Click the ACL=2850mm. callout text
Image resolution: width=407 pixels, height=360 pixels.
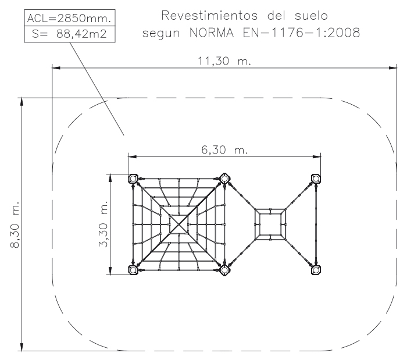point(69,18)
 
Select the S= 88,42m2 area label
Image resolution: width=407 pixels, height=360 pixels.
point(69,34)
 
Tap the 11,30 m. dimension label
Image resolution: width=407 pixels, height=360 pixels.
point(224,61)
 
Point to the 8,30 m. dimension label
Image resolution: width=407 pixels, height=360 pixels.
point(15,224)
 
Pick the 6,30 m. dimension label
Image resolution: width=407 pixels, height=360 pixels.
point(224,150)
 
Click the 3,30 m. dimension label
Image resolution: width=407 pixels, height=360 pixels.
point(103,224)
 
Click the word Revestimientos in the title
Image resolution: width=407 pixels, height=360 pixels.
point(209,16)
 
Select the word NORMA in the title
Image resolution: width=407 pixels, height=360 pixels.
point(212,33)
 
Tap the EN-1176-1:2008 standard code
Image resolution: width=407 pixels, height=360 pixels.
point(301,33)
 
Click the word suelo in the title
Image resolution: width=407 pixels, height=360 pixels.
point(311,16)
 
